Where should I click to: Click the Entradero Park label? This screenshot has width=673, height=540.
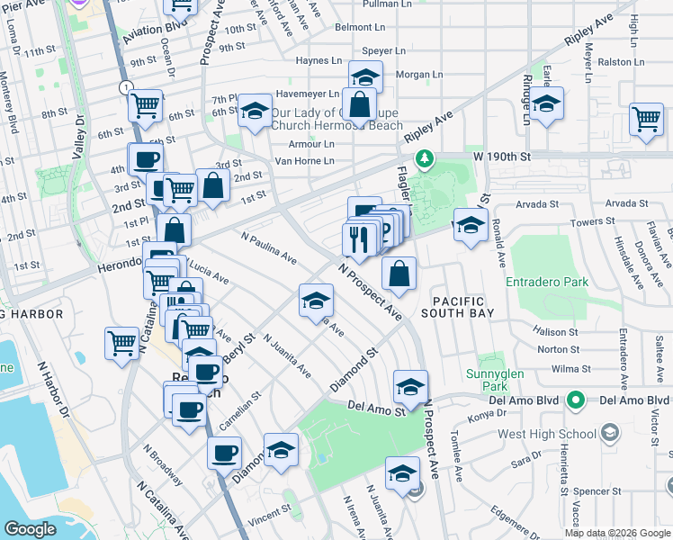(x=546, y=282)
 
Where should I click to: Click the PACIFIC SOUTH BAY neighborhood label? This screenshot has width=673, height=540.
(x=458, y=308)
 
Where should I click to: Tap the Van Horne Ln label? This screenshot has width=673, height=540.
(x=304, y=161)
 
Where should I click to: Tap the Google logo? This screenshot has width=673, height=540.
(x=31, y=529)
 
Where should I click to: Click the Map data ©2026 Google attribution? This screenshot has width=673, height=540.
(x=618, y=533)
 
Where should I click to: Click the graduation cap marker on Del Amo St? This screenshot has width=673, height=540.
(x=409, y=387)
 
